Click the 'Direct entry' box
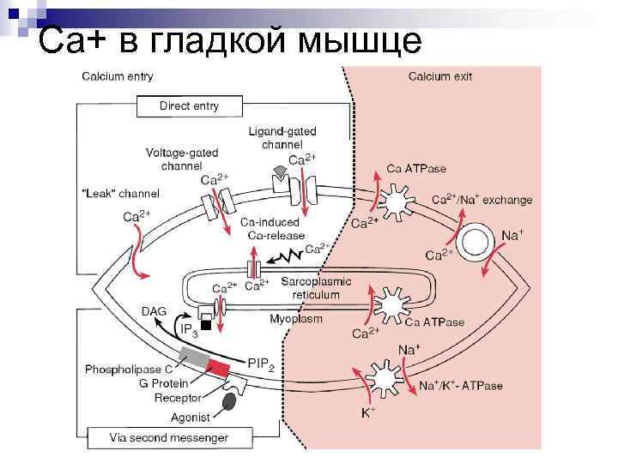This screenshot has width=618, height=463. [x=189, y=106]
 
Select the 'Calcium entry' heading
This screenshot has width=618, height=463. [x=118, y=76]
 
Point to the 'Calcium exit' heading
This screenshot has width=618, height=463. [x=439, y=76]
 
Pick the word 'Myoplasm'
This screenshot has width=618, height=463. [x=296, y=319]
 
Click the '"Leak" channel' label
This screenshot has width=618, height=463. [x=120, y=194]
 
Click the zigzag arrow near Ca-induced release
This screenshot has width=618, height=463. [x=287, y=256]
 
